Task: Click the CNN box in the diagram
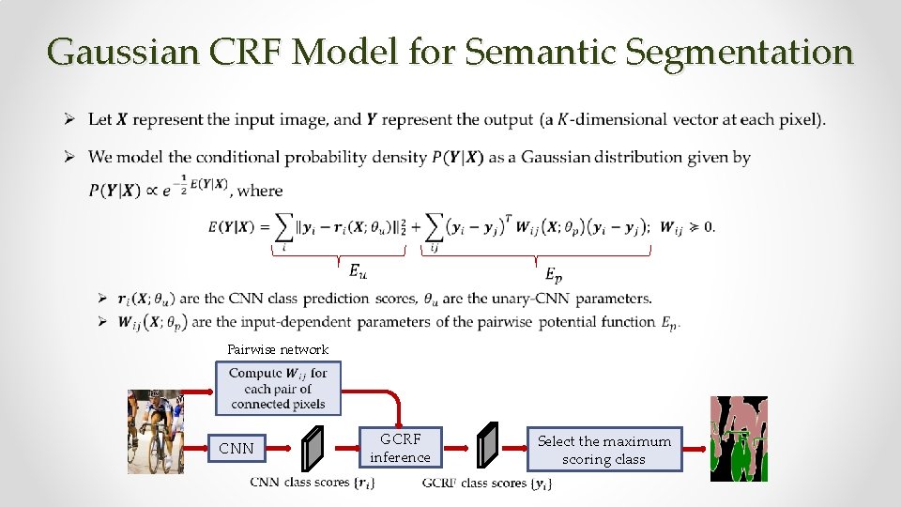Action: tap(236, 449)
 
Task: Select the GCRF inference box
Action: tap(400, 448)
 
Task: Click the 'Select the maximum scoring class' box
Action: tap(603, 450)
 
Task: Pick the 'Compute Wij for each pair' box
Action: tap(279, 388)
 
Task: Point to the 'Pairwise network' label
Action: tap(278, 350)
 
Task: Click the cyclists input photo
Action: tap(155, 431)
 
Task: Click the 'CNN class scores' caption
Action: tap(313, 484)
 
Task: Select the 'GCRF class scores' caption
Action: tap(487, 484)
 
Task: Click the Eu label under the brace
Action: tap(358, 271)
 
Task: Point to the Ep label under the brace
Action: tap(555, 275)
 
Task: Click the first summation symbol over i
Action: tap(283, 227)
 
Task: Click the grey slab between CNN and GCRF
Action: tap(313, 448)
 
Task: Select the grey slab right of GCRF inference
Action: tap(487, 448)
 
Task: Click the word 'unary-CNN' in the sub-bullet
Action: tap(534, 299)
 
